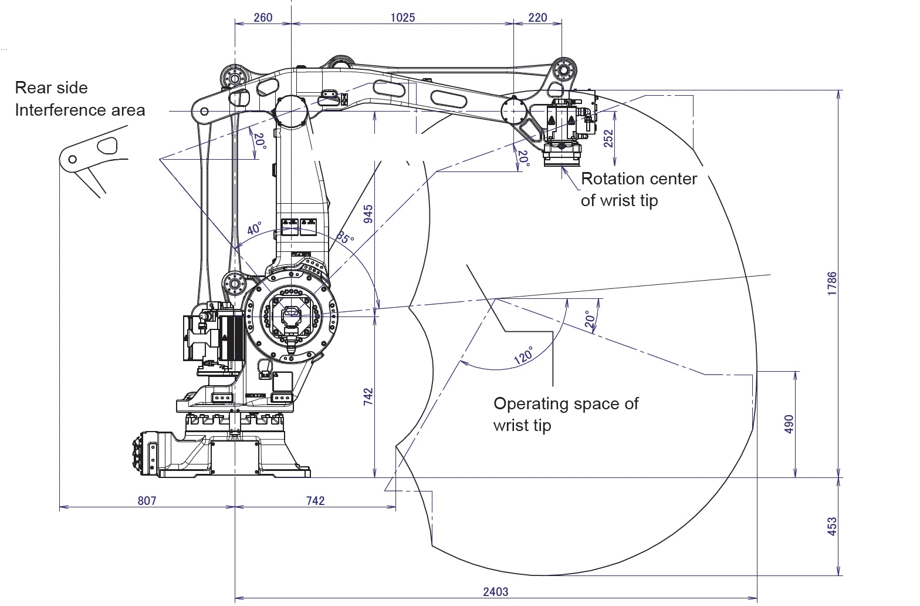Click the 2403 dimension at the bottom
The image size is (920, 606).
coord(495,591)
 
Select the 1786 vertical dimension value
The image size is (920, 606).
coord(833,283)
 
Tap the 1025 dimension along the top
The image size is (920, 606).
coord(402,18)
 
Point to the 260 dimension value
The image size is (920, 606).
coord(263,18)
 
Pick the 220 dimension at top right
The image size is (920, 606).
coord(537,18)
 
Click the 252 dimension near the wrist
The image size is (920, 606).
coord(608,139)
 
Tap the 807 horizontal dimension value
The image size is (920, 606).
coord(147,500)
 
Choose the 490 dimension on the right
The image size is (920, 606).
coord(789,425)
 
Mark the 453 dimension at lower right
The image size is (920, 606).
coord(833,526)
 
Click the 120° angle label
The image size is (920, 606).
coord(524,356)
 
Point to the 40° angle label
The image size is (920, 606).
coord(254,228)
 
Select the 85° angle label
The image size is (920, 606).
coord(345,237)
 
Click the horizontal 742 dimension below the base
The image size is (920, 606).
coord(315,500)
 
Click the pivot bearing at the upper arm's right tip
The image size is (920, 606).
coord(564,70)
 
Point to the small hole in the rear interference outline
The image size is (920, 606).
coord(73,159)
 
